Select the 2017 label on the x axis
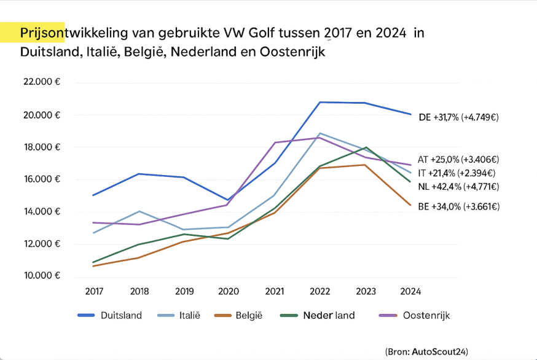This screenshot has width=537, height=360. tap(94, 291)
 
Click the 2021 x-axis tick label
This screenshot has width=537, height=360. tap(275, 291)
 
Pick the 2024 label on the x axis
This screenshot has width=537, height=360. tap(410, 291)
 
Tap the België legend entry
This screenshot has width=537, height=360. tap(248, 316)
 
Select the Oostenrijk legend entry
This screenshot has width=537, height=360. tap(427, 316)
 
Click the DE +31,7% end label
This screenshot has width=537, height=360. tap(458, 117)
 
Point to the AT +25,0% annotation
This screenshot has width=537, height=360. tap(457, 159)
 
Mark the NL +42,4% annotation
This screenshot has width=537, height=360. tap(458, 187)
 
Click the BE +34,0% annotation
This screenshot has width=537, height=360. tap(458, 207)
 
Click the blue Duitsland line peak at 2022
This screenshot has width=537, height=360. tap(320, 102)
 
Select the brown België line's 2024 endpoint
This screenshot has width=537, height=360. tap(410, 205)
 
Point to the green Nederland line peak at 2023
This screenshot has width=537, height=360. tap(366, 147)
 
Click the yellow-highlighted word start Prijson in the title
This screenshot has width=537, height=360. tap(38, 33)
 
